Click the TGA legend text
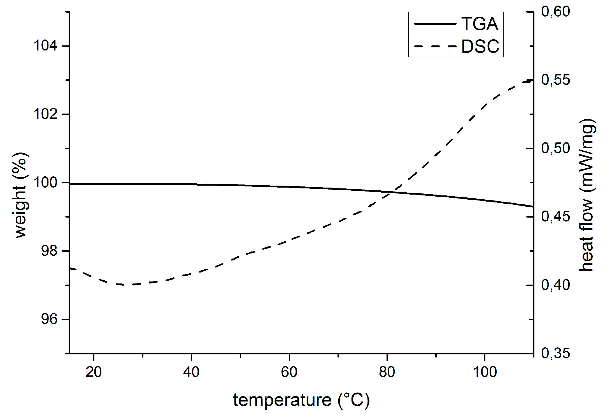pyautogui.click(x=480, y=24)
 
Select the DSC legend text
pyautogui.click(x=480, y=46)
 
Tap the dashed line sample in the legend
pyautogui.click(x=435, y=46)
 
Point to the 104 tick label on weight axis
pyautogui.click(x=45, y=45)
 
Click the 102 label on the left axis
pyautogui.click(x=45, y=114)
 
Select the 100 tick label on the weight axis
pyautogui.click(x=45, y=183)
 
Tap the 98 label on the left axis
pyautogui.click(x=49, y=251)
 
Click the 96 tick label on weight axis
pyautogui.click(x=49, y=319)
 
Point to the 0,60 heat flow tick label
pyautogui.click(x=555, y=11)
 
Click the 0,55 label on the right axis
pyautogui.click(x=555, y=80)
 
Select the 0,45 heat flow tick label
pyautogui.click(x=555, y=216)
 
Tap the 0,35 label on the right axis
pyautogui.click(x=555, y=353)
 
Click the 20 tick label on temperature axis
pyautogui.click(x=94, y=372)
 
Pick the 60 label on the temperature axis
pyautogui.click(x=289, y=372)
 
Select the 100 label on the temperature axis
pyautogui.click(x=485, y=372)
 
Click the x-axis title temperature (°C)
pyautogui.click(x=301, y=400)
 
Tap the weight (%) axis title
pyautogui.click(x=20, y=195)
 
